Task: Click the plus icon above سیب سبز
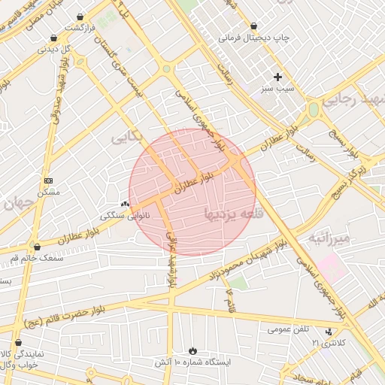click(x=277, y=77)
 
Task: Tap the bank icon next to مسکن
click(x=49, y=180)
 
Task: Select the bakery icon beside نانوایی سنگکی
click(x=125, y=204)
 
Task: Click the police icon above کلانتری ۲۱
click(x=329, y=332)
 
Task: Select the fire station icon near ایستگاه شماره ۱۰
click(x=193, y=350)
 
